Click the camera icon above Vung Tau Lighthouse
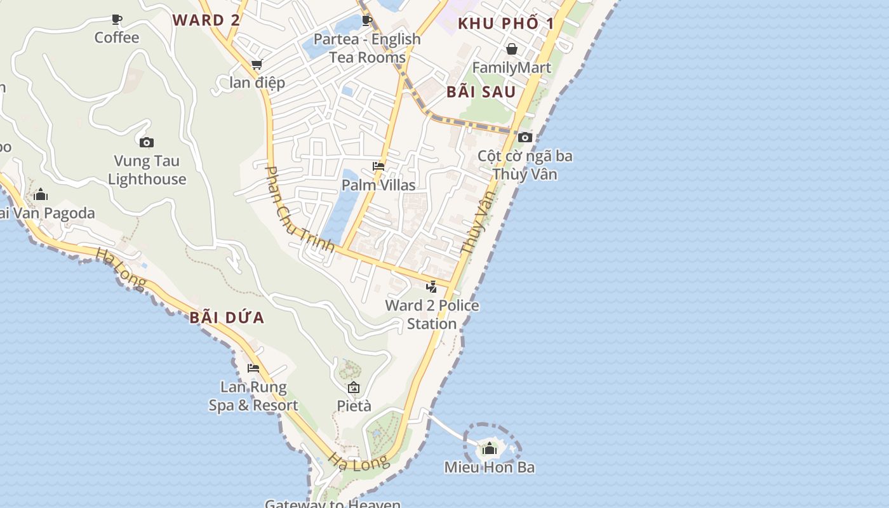(147, 142)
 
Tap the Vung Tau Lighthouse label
(147, 170)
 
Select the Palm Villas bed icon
(378, 166)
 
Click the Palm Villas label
(378, 185)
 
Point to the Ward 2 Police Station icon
(432, 286)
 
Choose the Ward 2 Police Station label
(432, 314)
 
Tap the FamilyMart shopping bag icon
(511, 49)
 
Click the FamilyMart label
(511, 67)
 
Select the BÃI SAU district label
(481, 92)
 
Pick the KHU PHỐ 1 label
(506, 24)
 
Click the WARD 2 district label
(206, 20)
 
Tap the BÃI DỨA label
(226, 317)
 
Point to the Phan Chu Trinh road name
(299, 209)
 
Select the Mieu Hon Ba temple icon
(489, 449)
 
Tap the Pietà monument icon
(354, 387)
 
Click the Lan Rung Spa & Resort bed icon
(253, 368)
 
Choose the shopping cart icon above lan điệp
(257, 64)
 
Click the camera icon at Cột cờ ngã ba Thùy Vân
(525, 137)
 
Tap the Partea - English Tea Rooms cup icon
(367, 20)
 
